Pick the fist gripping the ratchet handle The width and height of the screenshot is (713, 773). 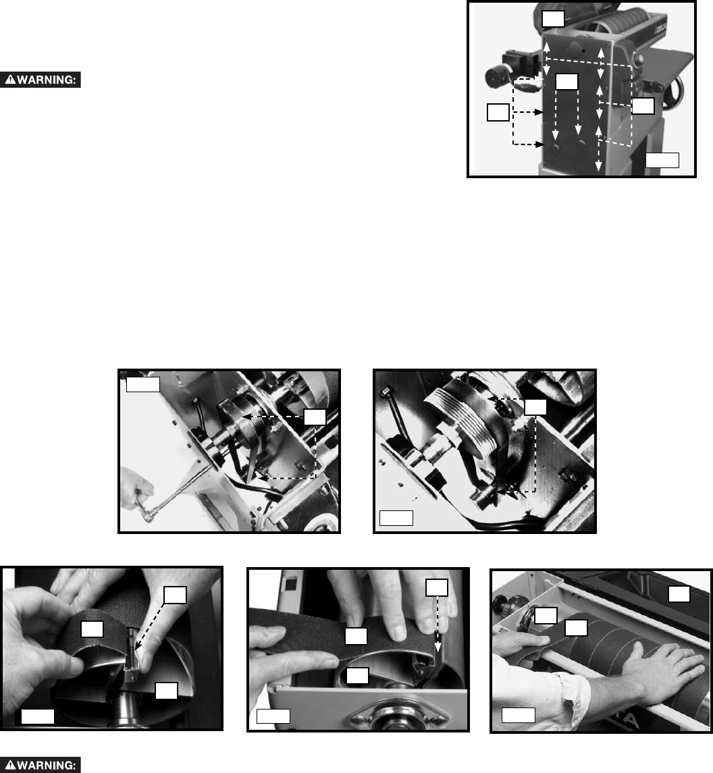[x=136, y=489]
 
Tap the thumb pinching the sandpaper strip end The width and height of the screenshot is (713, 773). [x=68, y=664]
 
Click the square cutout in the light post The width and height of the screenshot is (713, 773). [x=290, y=583]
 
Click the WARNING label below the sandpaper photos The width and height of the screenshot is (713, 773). [x=41, y=765]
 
